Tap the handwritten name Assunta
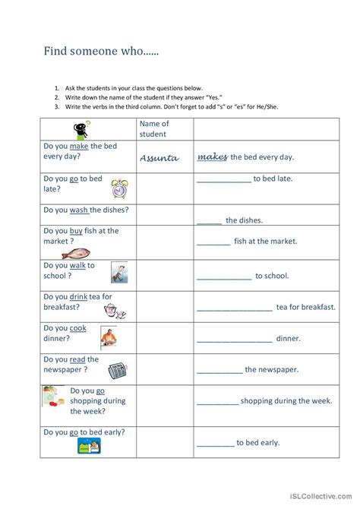pos(159,158)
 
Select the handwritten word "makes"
pos(213,156)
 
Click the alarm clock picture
pos(119,188)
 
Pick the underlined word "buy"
pos(77,231)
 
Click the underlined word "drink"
pos(79,296)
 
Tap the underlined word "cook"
pos(78,328)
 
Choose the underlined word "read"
pos(77,359)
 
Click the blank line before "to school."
pos(223,277)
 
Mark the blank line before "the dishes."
pos(209,221)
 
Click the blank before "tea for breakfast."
pos(234,308)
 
